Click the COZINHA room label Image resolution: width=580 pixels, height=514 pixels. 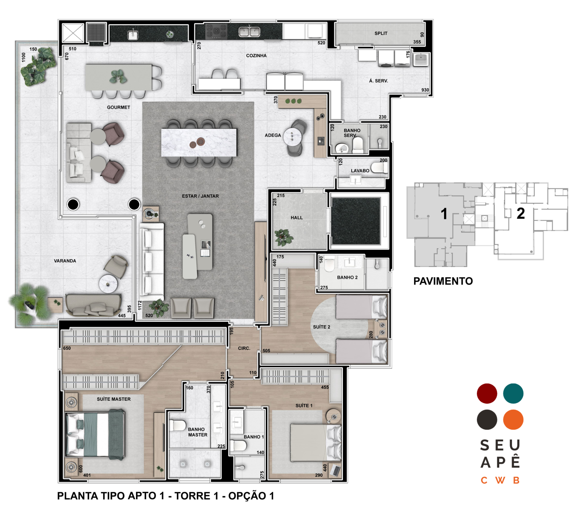pyautogui.click(x=256, y=56)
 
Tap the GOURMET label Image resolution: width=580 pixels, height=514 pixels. pyautogui.click(x=119, y=107)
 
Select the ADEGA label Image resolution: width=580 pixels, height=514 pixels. pyautogui.click(x=273, y=135)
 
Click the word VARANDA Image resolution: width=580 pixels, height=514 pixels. pyautogui.click(x=65, y=261)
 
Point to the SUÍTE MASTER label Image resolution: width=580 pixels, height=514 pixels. pyautogui.click(x=114, y=399)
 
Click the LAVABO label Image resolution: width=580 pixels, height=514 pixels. pyautogui.click(x=360, y=170)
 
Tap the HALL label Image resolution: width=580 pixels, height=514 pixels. pyautogui.click(x=297, y=218)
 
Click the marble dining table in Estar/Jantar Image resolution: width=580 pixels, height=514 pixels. pyautogui.click(x=199, y=142)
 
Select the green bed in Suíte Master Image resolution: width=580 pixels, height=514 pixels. pyautogui.click(x=95, y=434)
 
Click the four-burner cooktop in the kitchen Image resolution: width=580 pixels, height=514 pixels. pyautogui.click(x=216, y=31)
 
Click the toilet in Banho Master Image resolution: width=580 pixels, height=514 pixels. pyautogui.click(x=177, y=425)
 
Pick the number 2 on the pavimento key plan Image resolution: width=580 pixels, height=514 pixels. pyautogui.click(x=521, y=214)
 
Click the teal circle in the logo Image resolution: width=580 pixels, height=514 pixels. pyautogui.click(x=513, y=393)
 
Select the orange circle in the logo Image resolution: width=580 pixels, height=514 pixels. pyautogui.click(x=513, y=419)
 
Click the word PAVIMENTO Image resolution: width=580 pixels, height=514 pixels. pyautogui.click(x=443, y=281)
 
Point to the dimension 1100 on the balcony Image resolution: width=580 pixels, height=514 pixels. pyautogui.click(x=24, y=57)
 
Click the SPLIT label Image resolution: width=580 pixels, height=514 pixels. pyautogui.click(x=381, y=33)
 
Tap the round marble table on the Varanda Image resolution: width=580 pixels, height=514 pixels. pyautogui.click(x=108, y=284)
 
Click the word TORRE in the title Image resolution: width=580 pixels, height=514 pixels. pyautogui.click(x=192, y=496)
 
